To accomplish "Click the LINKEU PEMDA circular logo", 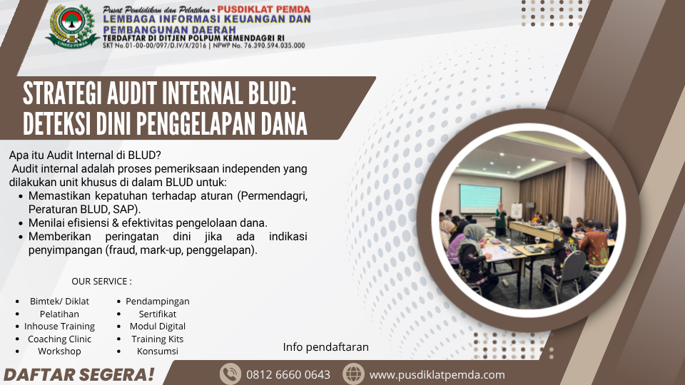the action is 73,26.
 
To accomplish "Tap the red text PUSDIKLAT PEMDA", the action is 264,9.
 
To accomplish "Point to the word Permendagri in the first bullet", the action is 273,196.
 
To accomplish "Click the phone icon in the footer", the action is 230,374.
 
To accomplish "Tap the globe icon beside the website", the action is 353,374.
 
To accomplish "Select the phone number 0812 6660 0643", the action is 288,375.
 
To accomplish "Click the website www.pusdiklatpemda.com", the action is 437,375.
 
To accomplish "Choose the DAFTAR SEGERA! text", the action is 79,375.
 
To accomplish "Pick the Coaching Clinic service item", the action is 59,339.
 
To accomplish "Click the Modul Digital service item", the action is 157,327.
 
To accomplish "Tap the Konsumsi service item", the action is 157,351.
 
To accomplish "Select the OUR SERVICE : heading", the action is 102,282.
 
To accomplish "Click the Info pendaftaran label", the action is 326,347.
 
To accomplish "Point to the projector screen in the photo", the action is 479,199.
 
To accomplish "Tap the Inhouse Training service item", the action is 59,327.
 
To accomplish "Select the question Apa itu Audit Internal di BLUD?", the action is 85,155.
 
